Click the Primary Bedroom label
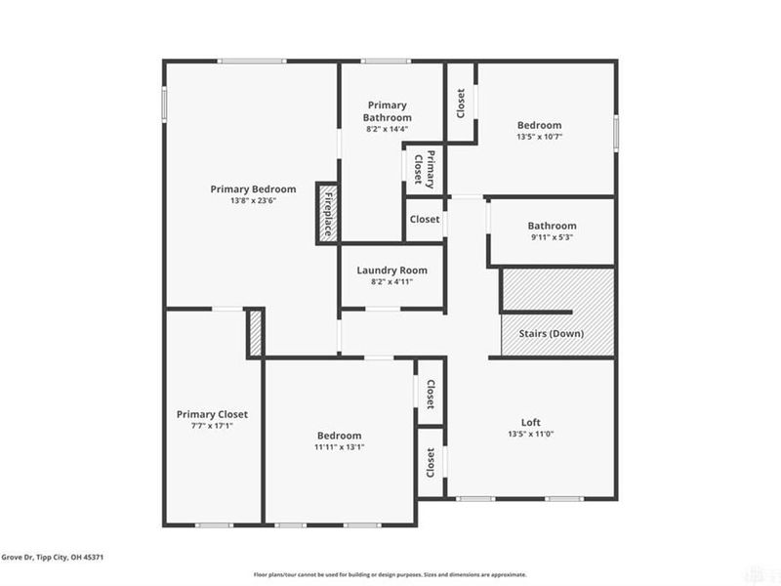click(x=253, y=188)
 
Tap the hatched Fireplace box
click(x=328, y=212)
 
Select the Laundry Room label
click(x=391, y=271)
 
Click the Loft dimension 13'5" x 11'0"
click(x=530, y=434)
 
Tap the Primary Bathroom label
click(x=387, y=110)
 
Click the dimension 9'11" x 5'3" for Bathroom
click(x=552, y=237)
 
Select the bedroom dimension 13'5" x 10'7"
click(x=539, y=137)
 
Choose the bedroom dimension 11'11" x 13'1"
click(x=339, y=447)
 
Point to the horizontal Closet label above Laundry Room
click(x=425, y=220)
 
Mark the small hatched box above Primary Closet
click(x=256, y=333)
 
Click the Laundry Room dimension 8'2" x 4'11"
click(x=391, y=282)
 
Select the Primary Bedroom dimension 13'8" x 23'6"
click(x=253, y=201)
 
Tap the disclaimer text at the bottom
click(x=390, y=575)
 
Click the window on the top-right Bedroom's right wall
click(x=616, y=132)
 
